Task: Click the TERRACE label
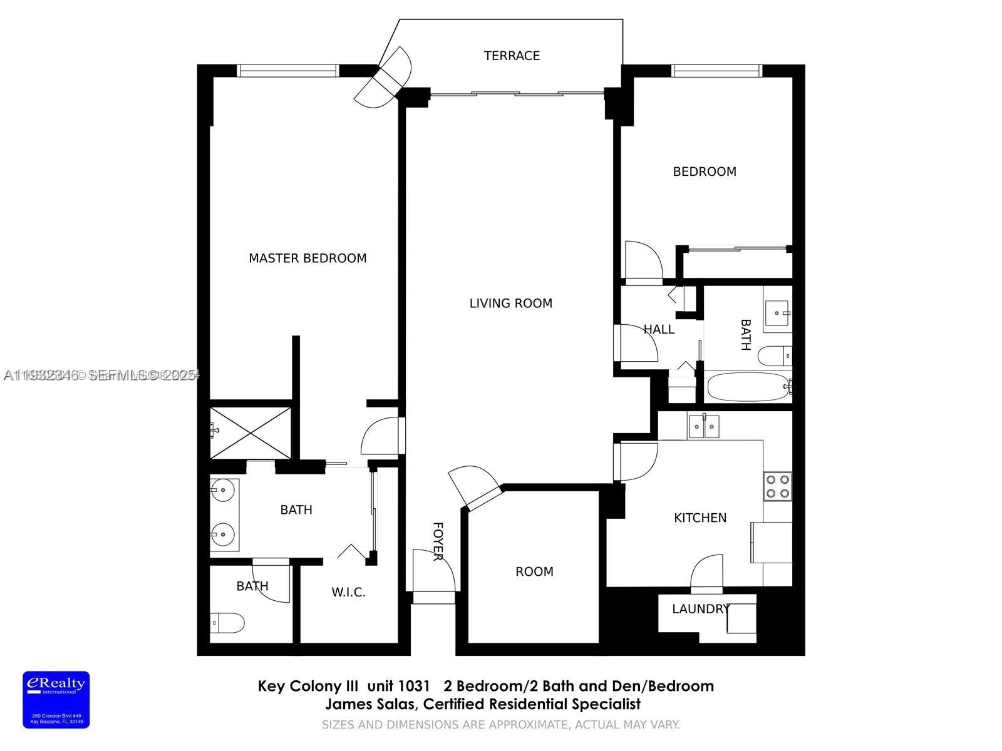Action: click(512, 56)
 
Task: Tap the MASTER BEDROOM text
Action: click(307, 258)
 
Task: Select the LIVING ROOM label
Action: click(510, 304)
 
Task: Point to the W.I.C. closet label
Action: click(348, 592)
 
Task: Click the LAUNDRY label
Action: click(700, 609)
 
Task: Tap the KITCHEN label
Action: click(700, 518)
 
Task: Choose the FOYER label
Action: click(438, 541)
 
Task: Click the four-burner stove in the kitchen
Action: click(777, 486)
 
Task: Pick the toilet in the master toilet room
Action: click(227, 623)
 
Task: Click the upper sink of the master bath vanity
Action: click(222, 490)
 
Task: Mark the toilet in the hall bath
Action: click(774, 356)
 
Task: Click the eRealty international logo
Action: click(56, 699)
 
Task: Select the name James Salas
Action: click(369, 704)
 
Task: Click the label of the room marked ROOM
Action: click(534, 571)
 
